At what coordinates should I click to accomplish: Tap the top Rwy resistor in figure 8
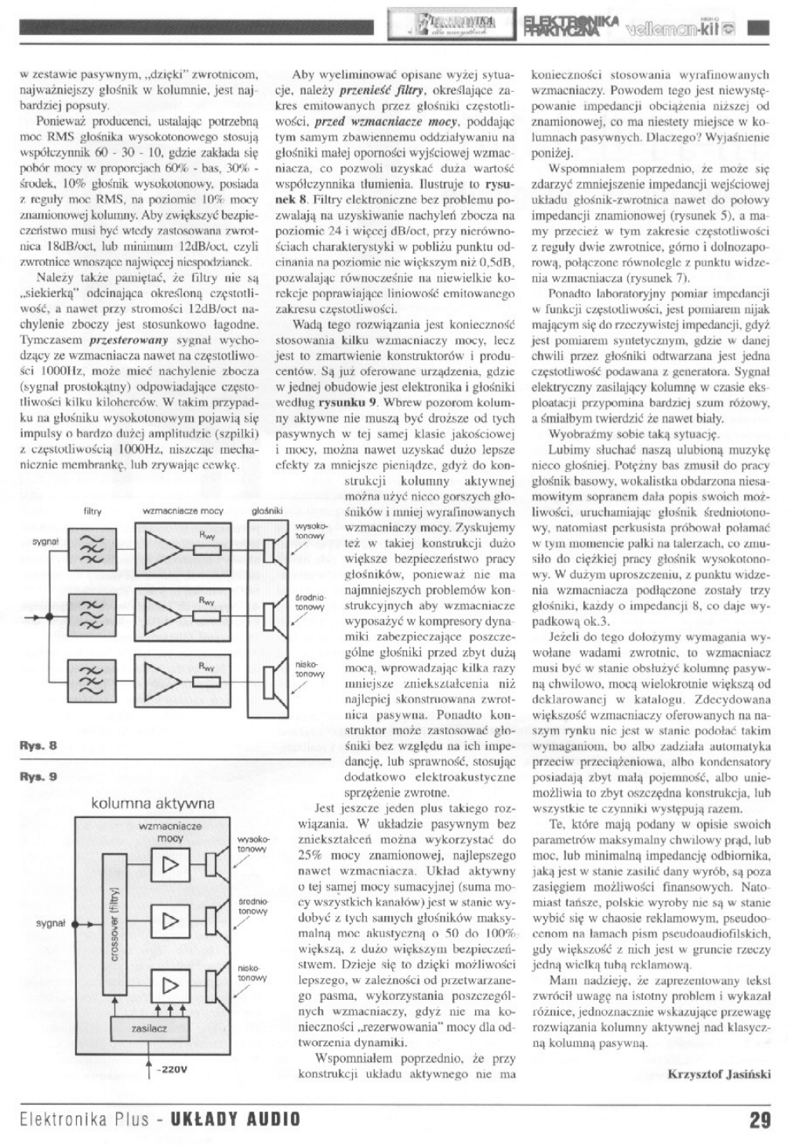[x=207, y=550]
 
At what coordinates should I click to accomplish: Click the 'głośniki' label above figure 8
[x=267, y=511]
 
